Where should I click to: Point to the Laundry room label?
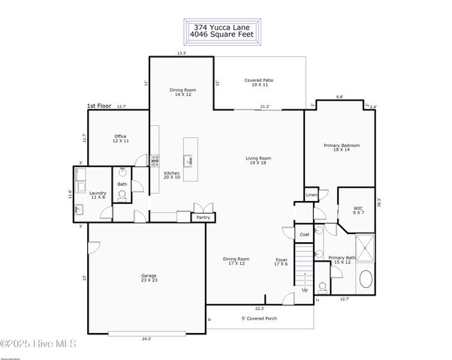(98, 195)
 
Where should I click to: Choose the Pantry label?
(203, 217)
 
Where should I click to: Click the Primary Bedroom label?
(342, 147)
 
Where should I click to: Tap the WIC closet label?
(359, 210)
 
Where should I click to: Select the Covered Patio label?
(259, 82)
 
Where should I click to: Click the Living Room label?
(258, 160)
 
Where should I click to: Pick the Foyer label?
(281, 262)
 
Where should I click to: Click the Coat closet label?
(304, 235)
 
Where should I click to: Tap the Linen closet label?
(312, 195)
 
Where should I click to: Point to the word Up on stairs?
(304, 289)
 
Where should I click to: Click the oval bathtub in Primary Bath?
(366, 280)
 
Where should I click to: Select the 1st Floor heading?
(101, 106)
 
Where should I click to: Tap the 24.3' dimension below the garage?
(146, 339)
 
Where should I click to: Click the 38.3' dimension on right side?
(380, 202)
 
